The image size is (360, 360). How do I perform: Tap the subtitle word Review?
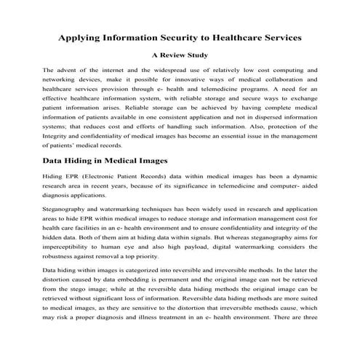pyautogui.click(x=179, y=55)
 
